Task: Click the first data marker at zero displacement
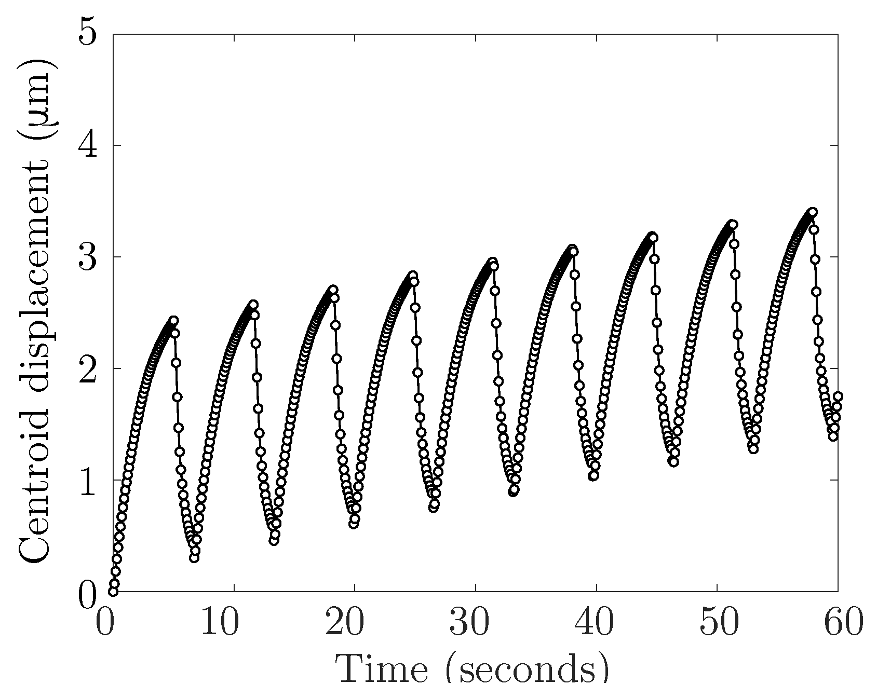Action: [x=113, y=591]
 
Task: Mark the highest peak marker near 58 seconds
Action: [x=813, y=212]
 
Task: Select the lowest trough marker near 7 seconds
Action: [x=194, y=558]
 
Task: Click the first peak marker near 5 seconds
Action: [x=174, y=320]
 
